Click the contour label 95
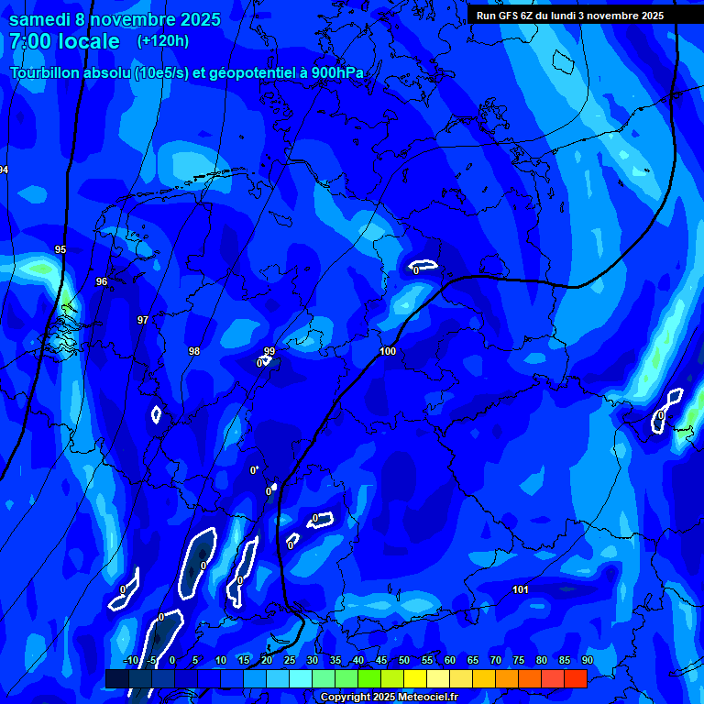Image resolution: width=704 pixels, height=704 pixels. [60, 249]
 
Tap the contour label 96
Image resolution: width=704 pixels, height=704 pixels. [102, 281]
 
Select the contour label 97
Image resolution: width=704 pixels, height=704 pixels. [142, 320]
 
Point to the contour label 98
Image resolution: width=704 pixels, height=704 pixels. [194, 351]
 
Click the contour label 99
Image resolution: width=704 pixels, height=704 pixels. [269, 351]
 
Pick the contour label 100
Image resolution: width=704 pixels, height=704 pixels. [388, 351]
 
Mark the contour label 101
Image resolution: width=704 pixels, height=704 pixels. [521, 589]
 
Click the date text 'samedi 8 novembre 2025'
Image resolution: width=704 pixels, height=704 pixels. [115, 19]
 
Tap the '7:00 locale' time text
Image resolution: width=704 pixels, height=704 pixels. [64, 41]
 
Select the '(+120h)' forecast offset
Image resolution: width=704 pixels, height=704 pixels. [164, 41]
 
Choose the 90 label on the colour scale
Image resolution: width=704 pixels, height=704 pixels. [587, 660]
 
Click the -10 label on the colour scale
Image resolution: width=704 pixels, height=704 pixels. [131, 660]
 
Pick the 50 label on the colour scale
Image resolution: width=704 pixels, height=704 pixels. [404, 660]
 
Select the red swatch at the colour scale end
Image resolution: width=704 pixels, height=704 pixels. [575, 678]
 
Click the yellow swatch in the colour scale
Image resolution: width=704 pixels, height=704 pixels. [415, 678]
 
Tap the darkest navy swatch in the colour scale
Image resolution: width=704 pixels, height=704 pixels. [116, 678]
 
